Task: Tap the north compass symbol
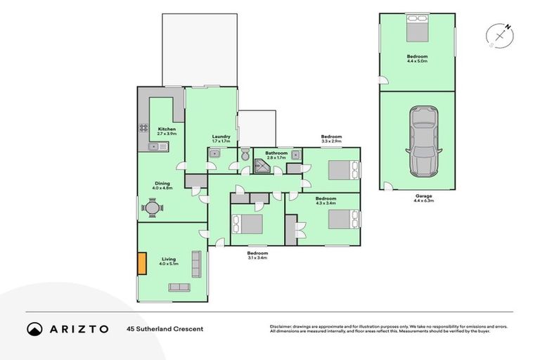500,34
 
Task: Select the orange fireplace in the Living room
141,263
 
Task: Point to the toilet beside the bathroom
245,155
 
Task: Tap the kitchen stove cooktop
143,129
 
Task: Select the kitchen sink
158,146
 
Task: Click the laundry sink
215,153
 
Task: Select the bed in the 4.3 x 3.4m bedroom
343,219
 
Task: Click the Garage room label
423,195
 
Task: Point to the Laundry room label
221,136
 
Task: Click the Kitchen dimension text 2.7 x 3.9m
167,134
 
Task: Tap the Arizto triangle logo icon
34,328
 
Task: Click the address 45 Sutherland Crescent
165,328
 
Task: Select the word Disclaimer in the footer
282,326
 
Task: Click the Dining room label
163,184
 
